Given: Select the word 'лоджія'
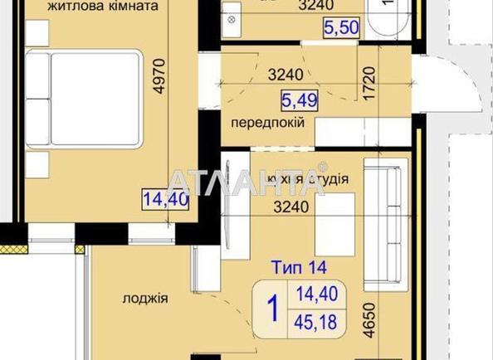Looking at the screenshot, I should (145, 299).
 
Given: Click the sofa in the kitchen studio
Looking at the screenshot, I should (388, 215).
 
